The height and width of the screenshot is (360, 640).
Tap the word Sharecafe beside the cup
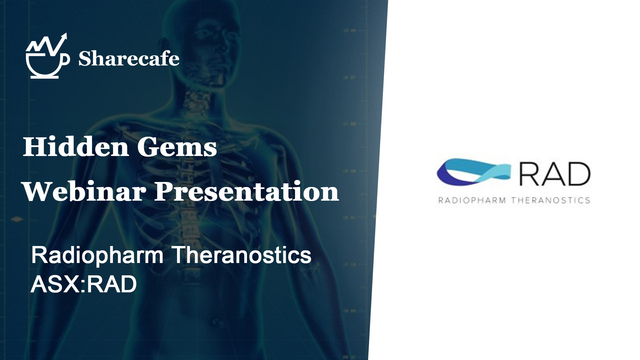[x=129, y=59]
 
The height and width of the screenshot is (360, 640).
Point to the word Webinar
[x=84, y=192]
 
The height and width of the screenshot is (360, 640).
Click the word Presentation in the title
[x=246, y=192]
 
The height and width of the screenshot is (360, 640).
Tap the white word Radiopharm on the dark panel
[x=97, y=256]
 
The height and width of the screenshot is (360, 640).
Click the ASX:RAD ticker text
[x=84, y=284]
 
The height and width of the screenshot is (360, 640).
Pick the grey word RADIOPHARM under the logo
[x=472, y=200]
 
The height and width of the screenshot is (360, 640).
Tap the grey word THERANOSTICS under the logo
[x=551, y=200]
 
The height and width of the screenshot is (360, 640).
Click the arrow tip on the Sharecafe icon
[x=65, y=34]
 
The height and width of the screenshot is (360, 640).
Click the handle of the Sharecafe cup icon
[x=66, y=59]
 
